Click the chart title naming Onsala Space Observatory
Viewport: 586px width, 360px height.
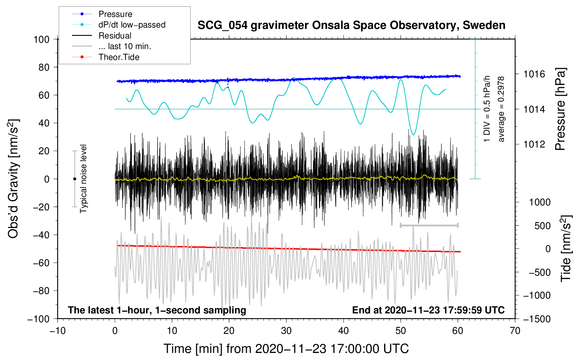[x=351, y=25]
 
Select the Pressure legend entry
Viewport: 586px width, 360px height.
[x=115, y=14]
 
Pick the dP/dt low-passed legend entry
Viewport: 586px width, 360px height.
[x=132, y=25]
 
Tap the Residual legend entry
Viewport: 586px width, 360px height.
[x=115, y=36]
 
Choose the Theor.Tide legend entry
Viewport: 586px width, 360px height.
[x=119, y=57]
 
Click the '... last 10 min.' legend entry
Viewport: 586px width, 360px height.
[x=125, y=46]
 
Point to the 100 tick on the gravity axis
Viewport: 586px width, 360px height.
[x=41, y=39]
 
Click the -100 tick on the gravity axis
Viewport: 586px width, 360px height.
[x=38, y=319]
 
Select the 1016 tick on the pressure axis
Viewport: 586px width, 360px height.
[x=534, y=74]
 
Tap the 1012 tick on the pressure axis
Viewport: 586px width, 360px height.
[x=534, y=144]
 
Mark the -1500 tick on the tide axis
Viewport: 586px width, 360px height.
[x=537, y=319]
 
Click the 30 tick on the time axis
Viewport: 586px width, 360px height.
[x=286, y=331]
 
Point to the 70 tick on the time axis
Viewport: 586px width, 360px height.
[x=515, y=331]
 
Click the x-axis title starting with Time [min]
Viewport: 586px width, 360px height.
[x=286, y=349]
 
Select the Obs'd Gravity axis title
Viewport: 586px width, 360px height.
[x=13, y=179]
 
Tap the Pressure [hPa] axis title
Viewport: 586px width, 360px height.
[x=560, y=109]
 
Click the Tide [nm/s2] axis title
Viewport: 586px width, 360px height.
[x=566, y=248]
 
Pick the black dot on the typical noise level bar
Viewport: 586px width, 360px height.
[x=74, y=179]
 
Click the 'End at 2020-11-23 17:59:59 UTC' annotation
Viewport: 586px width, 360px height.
[x=428, y=310]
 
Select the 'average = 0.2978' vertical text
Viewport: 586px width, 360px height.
[x=501, y=109]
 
